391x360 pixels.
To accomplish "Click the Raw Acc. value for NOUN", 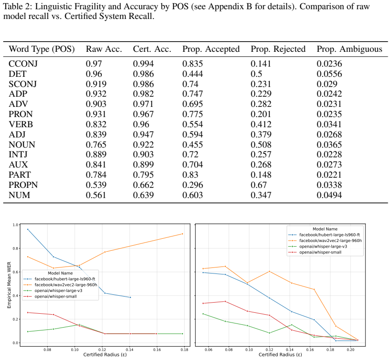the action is (x=96, y=144).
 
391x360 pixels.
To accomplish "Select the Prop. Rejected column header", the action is (x=278, y=49).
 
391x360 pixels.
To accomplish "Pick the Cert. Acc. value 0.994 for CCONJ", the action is (x=143, y=64).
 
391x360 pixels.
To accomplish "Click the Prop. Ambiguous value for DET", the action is (x=329, y=74).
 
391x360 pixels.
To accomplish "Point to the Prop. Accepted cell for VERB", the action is (x=192, y=124).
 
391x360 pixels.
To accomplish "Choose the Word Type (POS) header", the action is (x=42, y=49).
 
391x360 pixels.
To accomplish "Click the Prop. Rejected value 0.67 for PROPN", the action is (x=259, y=185).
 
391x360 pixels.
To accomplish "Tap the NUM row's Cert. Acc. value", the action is (x=143, y=195).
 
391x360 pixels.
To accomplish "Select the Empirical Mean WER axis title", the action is (x=9, y=285).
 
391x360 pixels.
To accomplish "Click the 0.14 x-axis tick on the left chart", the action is (x=130, y=350).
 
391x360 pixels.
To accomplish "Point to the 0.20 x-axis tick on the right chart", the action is (x=351, y=350).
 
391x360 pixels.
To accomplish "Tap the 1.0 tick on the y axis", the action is (x=15, y=225).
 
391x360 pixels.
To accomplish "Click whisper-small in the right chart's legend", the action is (x=320, y=252).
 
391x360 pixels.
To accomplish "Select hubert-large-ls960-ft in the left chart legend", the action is (x=65, y=279).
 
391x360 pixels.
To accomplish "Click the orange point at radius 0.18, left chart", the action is (x=182, y=234).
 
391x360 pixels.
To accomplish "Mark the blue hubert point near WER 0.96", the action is (x=28, y=230).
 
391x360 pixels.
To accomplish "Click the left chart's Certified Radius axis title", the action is (x=105, y=355).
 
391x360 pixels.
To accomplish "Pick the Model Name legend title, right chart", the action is (x=325, y=229).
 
